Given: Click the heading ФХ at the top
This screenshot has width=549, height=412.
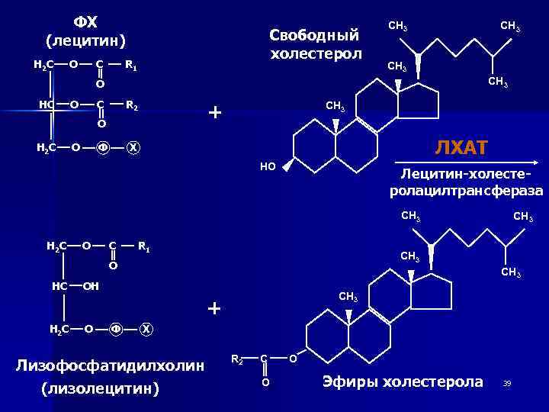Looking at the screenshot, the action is coord(85,21).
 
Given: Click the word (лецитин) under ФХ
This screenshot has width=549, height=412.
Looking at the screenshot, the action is coord(85,40).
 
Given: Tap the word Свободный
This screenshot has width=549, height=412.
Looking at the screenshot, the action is coord(314,35).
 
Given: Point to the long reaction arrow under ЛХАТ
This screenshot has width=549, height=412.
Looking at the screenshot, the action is coord(467,162).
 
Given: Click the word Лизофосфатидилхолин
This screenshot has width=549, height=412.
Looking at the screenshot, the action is coord(110,365).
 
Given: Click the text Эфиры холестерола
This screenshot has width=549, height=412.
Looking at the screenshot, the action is coord(403,381).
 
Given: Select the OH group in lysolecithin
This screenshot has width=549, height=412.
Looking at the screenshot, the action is coord(90,287).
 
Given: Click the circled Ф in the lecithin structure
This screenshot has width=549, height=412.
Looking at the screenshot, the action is coord(103,147).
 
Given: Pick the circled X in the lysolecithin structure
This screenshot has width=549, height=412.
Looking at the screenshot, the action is coord(146,329).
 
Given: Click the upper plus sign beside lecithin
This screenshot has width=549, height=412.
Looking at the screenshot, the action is coord(215,113).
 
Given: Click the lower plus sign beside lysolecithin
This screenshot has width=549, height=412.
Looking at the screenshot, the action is coord(215,308).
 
